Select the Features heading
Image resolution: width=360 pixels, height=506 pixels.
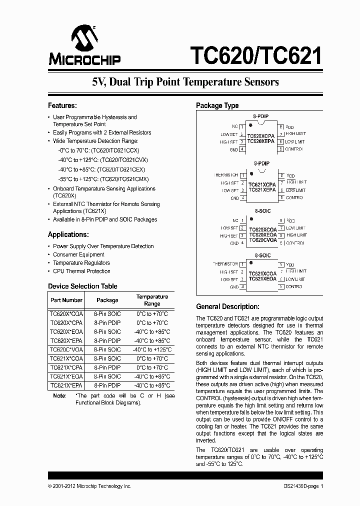[62, 105]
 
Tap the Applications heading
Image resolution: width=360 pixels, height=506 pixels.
[68, 234]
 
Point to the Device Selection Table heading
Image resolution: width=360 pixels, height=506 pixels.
[82, 286]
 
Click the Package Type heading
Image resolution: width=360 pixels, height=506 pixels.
[217, 105]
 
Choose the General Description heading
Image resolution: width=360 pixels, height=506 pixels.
[227, 306]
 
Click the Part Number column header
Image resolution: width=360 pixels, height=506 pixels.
[66, 300]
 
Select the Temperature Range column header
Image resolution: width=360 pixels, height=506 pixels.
[152, 300]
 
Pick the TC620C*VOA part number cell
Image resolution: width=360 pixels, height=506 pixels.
[66, 349]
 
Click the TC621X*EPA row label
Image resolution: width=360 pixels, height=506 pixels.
[66, 385]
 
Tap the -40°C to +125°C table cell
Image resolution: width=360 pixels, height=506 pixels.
[152, 349]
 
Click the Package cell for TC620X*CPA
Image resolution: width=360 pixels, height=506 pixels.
[107, 322]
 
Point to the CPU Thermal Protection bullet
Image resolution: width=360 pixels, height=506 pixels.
[81, 271]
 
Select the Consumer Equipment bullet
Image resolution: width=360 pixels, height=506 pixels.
[78, 254]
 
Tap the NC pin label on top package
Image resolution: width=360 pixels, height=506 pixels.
[234, 126]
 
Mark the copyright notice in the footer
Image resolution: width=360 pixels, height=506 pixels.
[89, 486]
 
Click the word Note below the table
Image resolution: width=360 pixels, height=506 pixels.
[59, 395]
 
